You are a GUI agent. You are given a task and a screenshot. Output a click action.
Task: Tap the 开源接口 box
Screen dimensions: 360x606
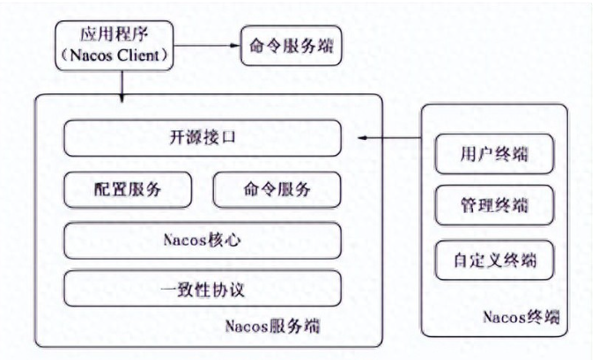click(202, 138)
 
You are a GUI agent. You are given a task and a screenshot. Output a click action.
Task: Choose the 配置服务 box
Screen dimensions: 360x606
click(128, 188)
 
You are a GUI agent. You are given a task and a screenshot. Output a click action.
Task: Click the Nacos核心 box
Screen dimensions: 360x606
click(202, 239)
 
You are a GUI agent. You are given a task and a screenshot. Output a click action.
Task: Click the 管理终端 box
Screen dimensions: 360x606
click(494, 208)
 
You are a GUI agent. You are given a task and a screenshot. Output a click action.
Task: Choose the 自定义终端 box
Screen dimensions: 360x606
click(494, 261)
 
